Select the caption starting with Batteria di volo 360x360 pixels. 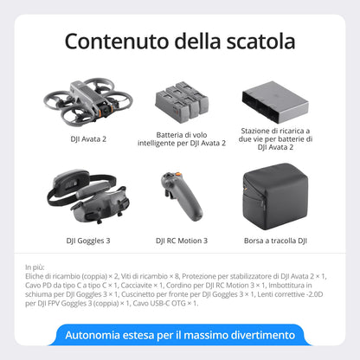coord(179,138)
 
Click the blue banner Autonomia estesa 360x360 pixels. coord(180,335)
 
